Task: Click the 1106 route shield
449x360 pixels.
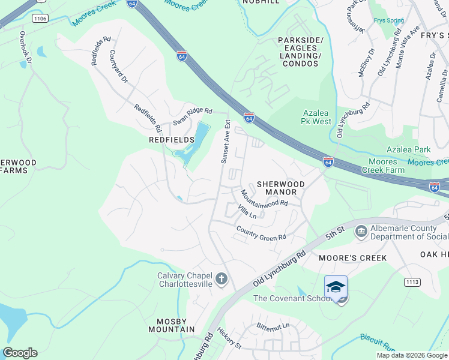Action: coord(40,19)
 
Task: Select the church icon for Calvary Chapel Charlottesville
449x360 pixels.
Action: coord(221,279)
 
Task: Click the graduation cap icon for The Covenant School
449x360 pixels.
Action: coord(336,287)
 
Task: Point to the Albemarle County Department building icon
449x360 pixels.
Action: coord(361,231)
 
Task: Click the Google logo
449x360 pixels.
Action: coord(20,353)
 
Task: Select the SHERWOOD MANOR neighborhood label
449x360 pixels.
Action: coord(281,188)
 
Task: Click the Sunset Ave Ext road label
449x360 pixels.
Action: coord(226,142)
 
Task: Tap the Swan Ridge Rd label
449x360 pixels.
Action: coord(193,116)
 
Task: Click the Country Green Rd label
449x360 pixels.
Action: coord(261,233)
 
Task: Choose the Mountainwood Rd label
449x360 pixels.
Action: coord(264,199)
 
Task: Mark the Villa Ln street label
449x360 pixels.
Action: coord(247,212)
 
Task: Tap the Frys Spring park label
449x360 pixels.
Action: coord(388,20)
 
